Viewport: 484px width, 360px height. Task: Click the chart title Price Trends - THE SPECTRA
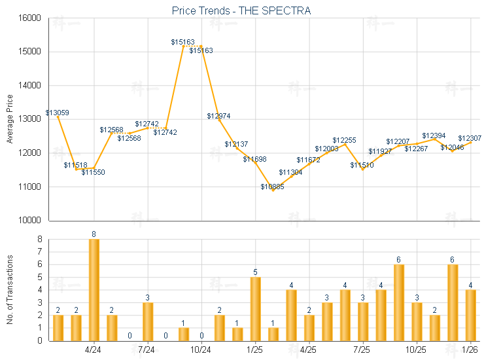(241, 10)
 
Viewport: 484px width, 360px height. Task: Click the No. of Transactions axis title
(9, 289)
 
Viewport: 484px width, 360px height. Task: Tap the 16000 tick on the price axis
(29, 18)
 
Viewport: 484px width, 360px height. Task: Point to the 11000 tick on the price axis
(29, 187)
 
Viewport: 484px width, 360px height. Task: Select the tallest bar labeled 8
(94, 289)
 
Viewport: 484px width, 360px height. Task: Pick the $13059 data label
(58, 113)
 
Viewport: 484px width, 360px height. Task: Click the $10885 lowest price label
(272, 187)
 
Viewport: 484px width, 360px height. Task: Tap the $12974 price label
(218, 116)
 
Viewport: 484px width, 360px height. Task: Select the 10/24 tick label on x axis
(201, 350)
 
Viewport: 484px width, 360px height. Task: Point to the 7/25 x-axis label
(362, 350)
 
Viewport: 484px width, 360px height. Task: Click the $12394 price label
(434, 135)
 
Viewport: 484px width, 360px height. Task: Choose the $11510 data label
(362, 165)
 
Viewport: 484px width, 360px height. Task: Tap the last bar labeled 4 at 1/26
(471, 315)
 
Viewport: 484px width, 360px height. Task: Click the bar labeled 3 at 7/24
(148, 321)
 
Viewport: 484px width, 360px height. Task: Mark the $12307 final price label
(470, 138)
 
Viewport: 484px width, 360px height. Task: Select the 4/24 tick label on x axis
(94, 350)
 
